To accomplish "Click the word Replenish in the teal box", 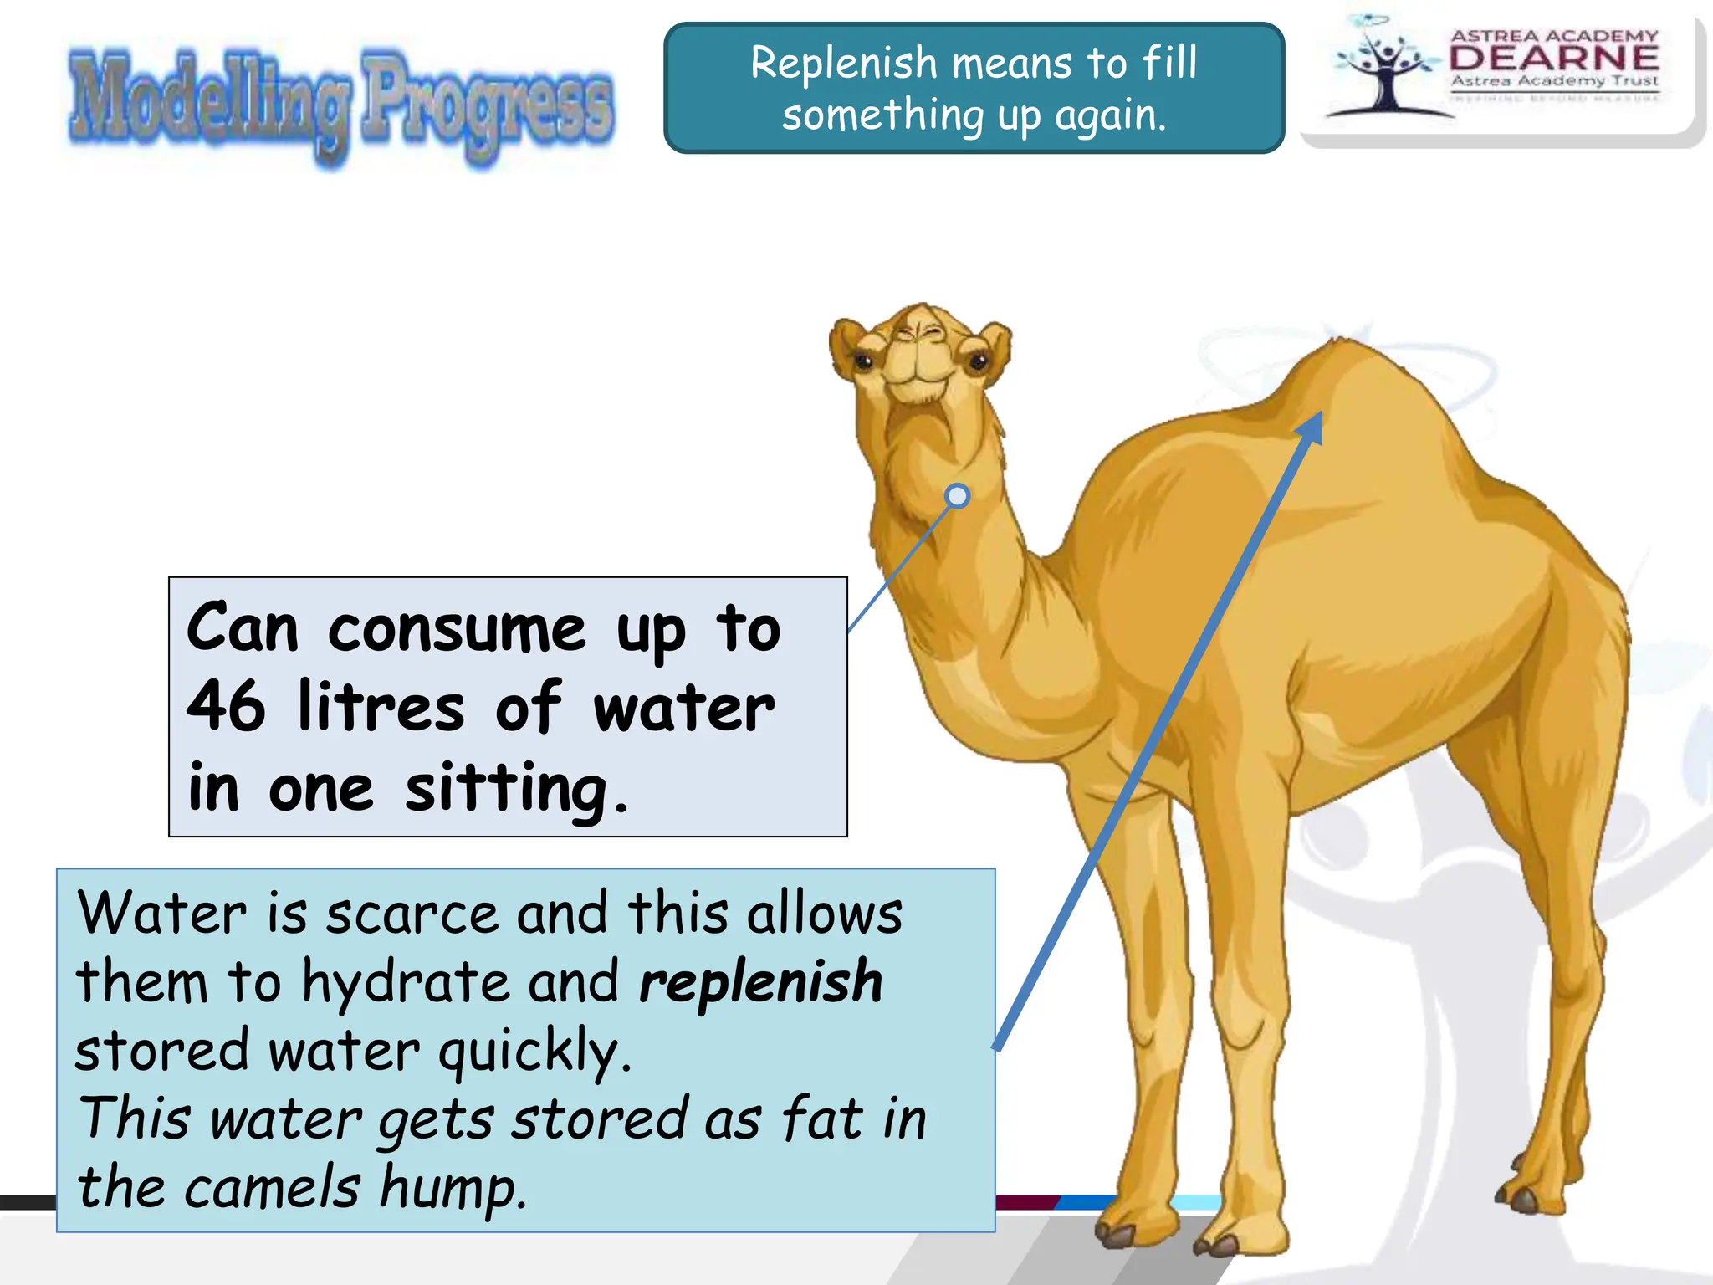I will [x=843, y=64].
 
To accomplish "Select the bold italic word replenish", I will [x=760, y=982].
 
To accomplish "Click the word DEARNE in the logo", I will [x=1554, y=58].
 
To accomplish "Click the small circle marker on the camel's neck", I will [x=957, y=496].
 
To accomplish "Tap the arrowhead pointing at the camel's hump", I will [x=1312, y=425].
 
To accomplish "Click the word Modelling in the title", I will [x=209, y=105].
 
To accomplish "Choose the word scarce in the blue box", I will [x=412, y=914].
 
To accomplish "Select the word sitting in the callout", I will [x=506, y=788].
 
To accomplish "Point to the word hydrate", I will [x=406, y=982].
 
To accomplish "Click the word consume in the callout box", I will [x=457, y=629].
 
